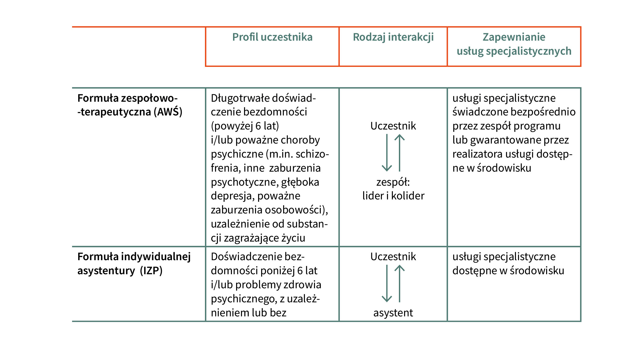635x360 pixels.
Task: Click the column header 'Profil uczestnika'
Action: [272, 37]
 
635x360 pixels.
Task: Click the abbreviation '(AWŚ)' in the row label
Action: [168, 112]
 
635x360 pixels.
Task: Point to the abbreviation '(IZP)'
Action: [151, 271]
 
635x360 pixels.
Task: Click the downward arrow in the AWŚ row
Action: [387, 153]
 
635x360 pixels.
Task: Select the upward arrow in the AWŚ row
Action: [400, 153]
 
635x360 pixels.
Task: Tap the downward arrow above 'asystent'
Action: [387, 283]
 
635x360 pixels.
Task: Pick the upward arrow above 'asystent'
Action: [400, 283]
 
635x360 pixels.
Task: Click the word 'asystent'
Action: [393, 313]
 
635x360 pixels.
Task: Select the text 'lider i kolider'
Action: [393, 196]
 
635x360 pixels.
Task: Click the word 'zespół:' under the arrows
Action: [393, 182]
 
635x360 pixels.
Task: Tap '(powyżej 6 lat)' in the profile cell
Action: [245, 126]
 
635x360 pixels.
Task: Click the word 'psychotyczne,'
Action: [244, 182]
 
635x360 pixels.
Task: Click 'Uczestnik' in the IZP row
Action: [393, 256]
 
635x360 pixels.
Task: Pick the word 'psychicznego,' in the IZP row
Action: [244, 299]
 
